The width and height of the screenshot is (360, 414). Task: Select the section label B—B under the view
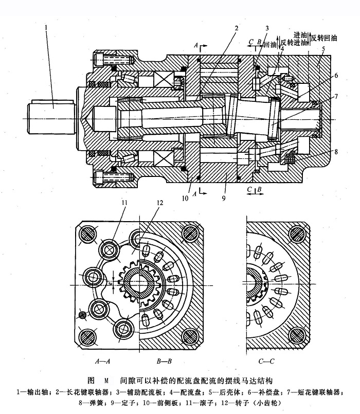click(x=158, y=362)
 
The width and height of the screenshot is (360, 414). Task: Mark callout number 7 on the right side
click(x=336, y=96)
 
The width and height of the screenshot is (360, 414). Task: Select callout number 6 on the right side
click(x=336, y=75)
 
